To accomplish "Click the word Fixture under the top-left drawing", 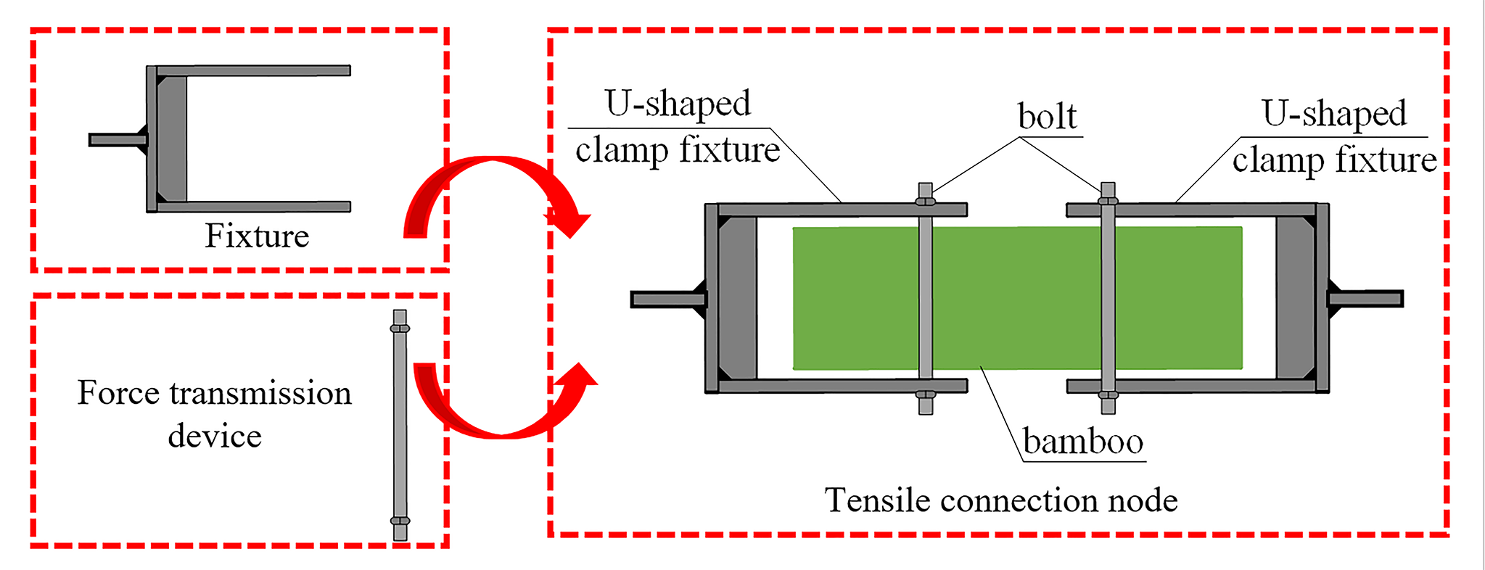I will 257,236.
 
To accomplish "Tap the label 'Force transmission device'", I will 215,413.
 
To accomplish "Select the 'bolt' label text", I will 1047,116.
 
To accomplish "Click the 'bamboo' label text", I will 1082,441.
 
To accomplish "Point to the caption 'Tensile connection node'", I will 1000,500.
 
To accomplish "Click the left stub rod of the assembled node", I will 663,299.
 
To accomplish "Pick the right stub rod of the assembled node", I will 1367,298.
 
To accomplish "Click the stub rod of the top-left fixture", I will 116,139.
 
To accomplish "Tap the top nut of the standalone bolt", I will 400,329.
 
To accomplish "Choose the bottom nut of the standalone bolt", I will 400,521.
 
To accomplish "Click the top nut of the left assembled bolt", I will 925,202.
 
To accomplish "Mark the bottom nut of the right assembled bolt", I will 1108,395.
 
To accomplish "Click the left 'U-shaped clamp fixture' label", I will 678,127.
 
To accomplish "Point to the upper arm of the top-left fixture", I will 254,71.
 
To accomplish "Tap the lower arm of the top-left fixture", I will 254,207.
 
